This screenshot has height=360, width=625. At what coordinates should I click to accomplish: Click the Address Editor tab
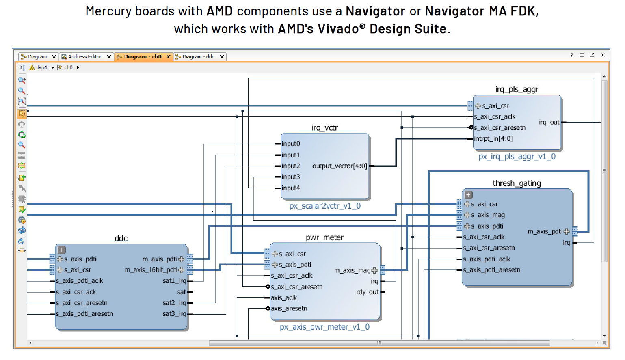tap(84, 57)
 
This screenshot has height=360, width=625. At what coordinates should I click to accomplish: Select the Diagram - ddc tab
tap(198, 57)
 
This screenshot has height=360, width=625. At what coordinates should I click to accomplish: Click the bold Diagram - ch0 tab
tap(143, 57)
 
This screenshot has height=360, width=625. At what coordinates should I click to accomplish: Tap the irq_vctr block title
tap(324, 128)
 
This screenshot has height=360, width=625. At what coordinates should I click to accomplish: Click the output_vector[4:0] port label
tap(340, 166)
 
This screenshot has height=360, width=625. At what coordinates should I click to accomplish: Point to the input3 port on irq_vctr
tap(291, 177)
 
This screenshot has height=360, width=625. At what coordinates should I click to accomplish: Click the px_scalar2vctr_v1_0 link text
tap(325, 206)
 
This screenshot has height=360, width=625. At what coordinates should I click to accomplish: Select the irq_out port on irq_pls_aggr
tap(549, 122)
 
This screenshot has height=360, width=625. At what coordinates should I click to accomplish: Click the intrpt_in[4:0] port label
tap(493, 139)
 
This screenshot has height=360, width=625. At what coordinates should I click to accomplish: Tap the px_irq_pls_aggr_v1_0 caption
tap(517, 157)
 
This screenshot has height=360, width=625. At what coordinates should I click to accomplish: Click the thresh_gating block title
tap(517, 183)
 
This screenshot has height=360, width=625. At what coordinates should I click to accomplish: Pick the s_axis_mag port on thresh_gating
tap(487, 215)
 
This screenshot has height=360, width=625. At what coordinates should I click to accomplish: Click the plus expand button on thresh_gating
tap(468, 195)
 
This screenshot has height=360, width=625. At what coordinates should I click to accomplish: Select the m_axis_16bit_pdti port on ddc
tap(151, 270)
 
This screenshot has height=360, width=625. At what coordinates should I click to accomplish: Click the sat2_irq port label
tap(174, 303)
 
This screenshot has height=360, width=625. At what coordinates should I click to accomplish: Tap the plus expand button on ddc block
tap(62, 250)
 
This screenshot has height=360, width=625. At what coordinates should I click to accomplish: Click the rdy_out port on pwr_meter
tap(367, 292)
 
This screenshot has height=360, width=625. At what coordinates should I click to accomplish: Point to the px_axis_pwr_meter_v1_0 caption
tap(324, 327)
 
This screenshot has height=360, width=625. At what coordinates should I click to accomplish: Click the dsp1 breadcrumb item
tap(41, 68)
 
